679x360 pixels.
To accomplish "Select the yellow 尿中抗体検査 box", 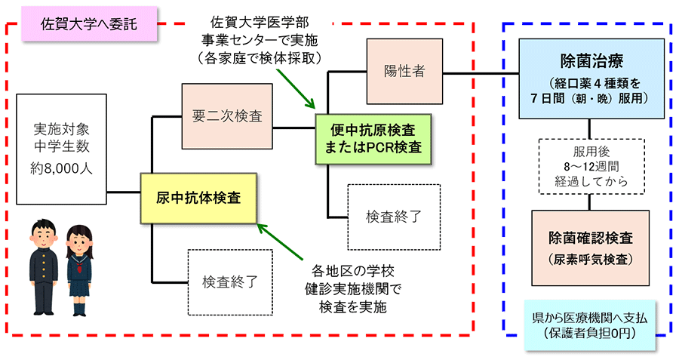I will coord(198,198).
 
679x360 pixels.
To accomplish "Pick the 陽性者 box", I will coord(404,72).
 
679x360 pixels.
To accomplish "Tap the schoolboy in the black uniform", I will coord(41,268).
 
